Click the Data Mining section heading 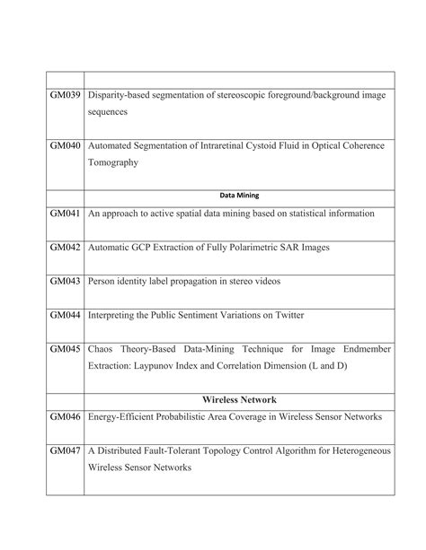[239, 194]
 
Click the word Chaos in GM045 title [104, 350]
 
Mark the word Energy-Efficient [126, 417]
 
